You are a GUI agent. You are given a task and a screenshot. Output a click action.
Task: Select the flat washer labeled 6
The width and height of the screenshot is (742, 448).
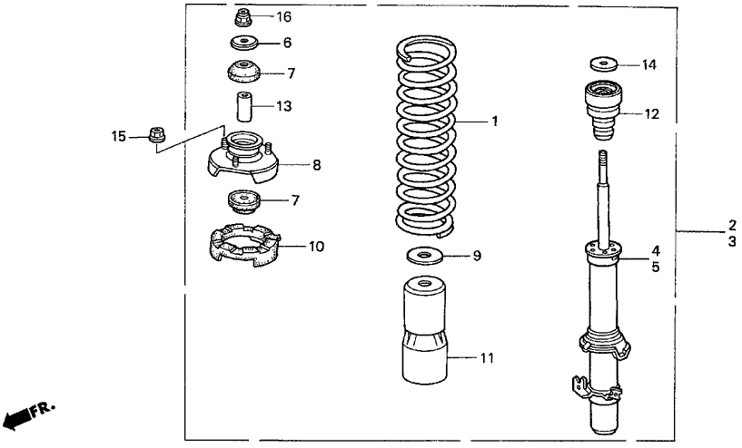click(x=244, y=43)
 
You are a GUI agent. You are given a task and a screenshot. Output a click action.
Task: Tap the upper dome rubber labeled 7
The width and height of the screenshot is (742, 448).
click(x=243, y=72)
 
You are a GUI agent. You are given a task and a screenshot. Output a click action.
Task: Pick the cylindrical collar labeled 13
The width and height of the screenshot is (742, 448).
click(x=244, y=106)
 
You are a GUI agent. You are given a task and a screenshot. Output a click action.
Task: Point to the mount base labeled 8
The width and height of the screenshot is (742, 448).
click(x=243, y=159)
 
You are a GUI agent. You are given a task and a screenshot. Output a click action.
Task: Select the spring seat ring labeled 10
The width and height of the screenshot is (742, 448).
click(x=244, y=245)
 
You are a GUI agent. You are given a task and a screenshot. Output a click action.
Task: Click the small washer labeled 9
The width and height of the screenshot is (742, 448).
click(x=424, y=256)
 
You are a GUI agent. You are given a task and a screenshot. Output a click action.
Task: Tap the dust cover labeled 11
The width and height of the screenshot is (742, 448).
click(x=424, y=330)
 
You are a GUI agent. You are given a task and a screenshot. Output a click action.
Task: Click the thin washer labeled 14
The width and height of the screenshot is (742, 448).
click(x=603, y=63)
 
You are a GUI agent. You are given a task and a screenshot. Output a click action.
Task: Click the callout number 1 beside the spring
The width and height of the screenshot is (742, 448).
click(x=495, y=122)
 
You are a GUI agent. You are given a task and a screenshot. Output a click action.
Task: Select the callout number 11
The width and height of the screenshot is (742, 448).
click(x=487, y=357)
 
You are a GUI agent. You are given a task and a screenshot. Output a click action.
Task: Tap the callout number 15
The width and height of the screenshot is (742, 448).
click(x=119, y=137)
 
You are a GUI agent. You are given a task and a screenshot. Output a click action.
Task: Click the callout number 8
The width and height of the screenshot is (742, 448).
click(x=317, y=165)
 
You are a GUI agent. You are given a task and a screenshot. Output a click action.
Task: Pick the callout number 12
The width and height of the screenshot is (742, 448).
click(x=651, y=114)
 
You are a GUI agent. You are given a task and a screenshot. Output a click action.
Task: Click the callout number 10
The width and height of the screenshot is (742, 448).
click(x=317, y=246)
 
